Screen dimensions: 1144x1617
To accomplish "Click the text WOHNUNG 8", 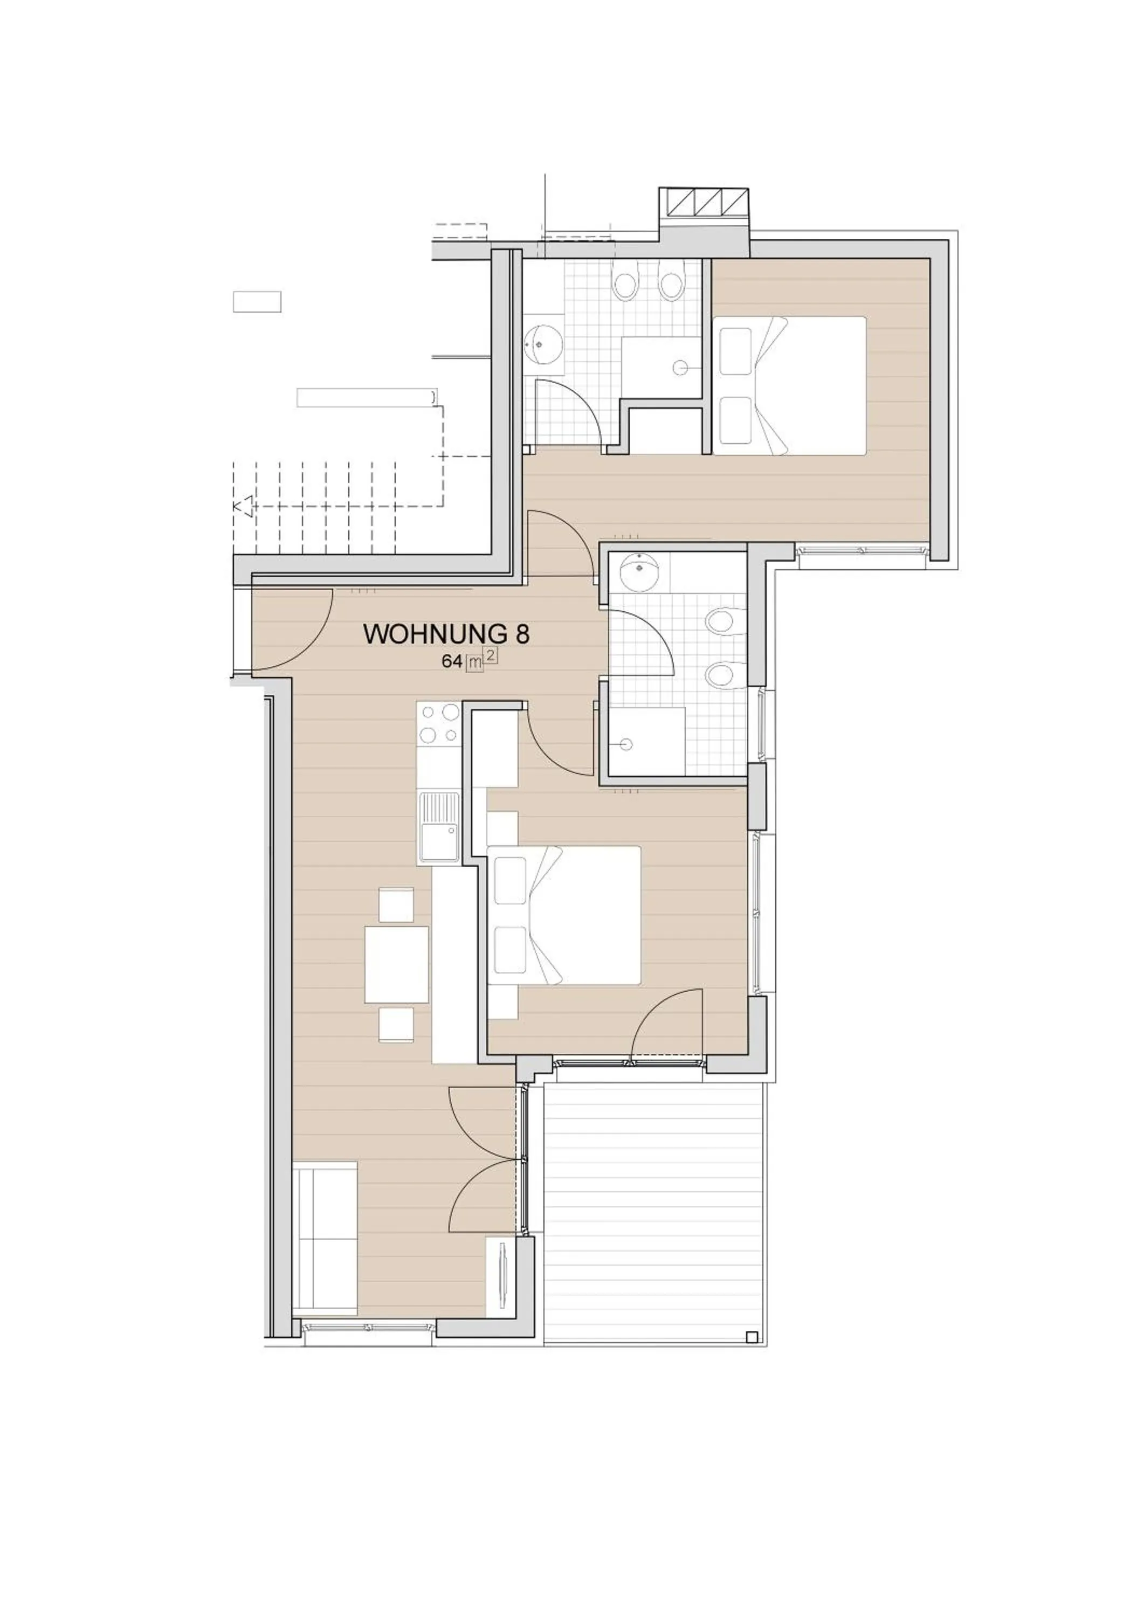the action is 446,634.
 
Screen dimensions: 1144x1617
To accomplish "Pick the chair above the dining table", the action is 396,905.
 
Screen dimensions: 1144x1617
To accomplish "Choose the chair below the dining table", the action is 396,1025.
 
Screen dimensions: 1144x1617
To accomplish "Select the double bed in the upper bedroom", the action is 789,385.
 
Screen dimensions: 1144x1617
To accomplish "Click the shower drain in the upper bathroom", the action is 680,367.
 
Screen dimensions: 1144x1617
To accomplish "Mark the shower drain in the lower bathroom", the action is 626,744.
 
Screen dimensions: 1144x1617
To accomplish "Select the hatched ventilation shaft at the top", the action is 702,202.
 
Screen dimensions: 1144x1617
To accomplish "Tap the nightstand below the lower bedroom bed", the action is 502,1001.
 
